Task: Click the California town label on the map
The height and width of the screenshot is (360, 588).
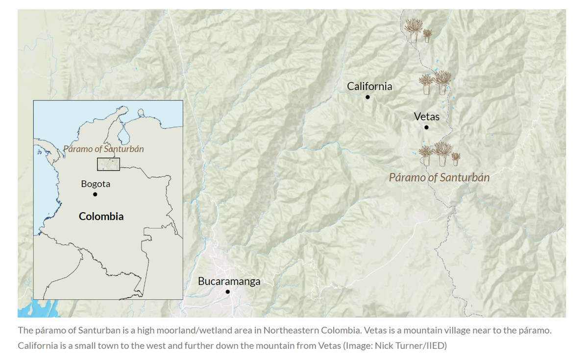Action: tap(369, 86)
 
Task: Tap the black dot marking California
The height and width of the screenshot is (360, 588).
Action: tap(367, 97)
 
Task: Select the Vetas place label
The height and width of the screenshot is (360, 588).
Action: tap(426, 117)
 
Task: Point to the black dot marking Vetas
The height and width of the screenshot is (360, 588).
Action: tap(426, 127)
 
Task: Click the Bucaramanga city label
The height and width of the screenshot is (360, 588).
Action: tap(229, 281)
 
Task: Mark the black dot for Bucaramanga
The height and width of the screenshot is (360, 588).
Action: tap(227, 292)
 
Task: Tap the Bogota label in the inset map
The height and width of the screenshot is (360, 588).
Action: tap(96, 184)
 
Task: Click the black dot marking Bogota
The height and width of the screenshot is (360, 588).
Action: tap(95, 194)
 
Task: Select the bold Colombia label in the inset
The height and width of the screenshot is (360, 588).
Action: tap(101, 216)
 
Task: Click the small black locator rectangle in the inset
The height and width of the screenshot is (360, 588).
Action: tap(108, 165)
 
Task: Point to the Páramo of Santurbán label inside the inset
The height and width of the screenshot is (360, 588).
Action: tap(103, 149)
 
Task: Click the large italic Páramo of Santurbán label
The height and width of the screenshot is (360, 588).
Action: tap(439, 177)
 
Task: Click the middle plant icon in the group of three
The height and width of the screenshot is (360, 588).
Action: tap(442, 154)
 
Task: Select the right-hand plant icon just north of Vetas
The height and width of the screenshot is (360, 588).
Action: tap(442, 82)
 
